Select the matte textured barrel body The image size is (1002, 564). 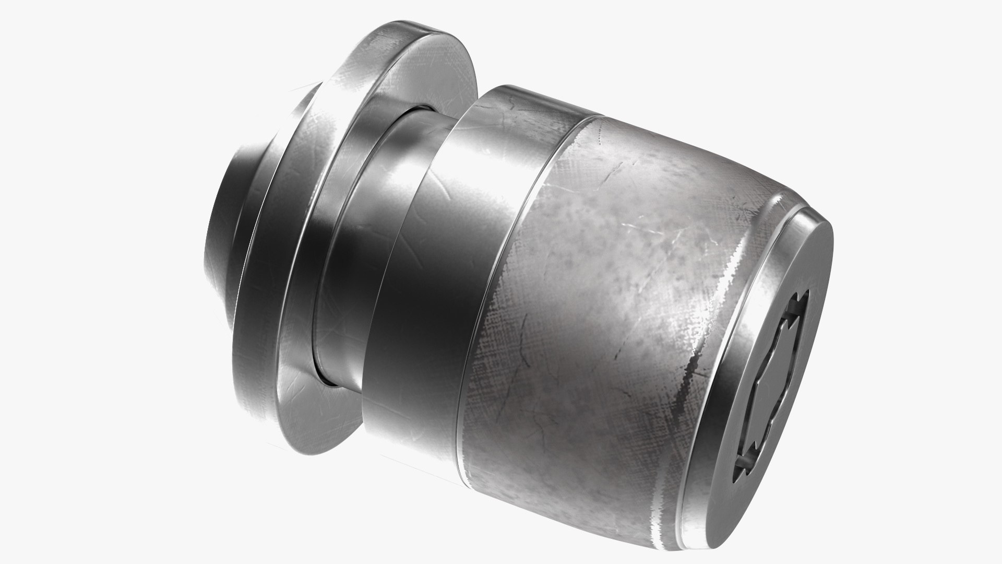pos(600,313)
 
